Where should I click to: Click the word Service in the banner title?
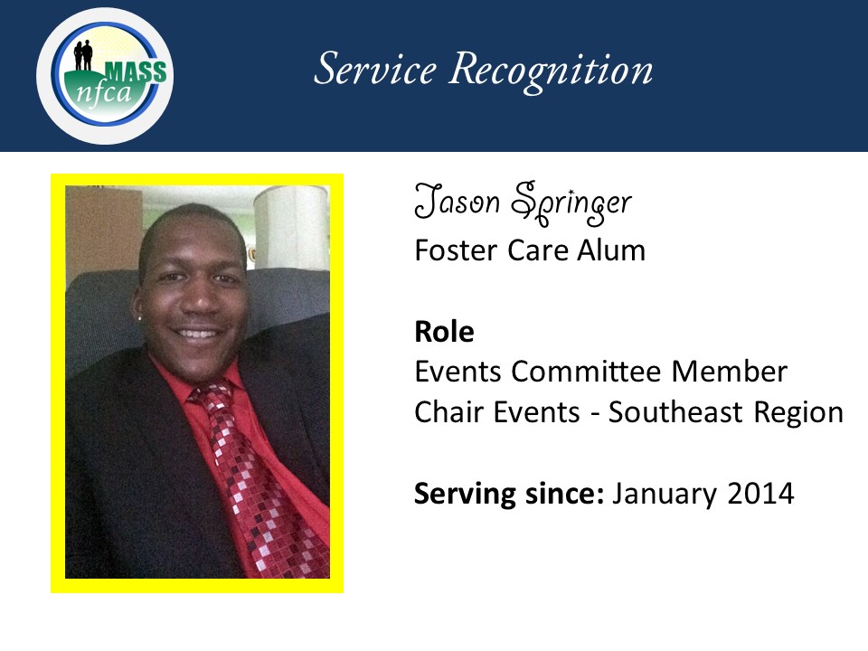click(375, 70)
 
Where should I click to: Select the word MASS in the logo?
click(136, 72)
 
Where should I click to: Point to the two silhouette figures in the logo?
click(83, 55)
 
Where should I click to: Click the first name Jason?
click(458, 201)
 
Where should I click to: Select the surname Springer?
click(571, 203)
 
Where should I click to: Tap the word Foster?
click(456, 250)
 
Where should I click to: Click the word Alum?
click(611, 250)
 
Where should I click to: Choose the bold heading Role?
click(444, 332)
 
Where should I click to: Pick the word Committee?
click(586, 371)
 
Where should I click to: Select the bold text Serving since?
click(509, 494)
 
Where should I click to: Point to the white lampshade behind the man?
click(291, 227)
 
